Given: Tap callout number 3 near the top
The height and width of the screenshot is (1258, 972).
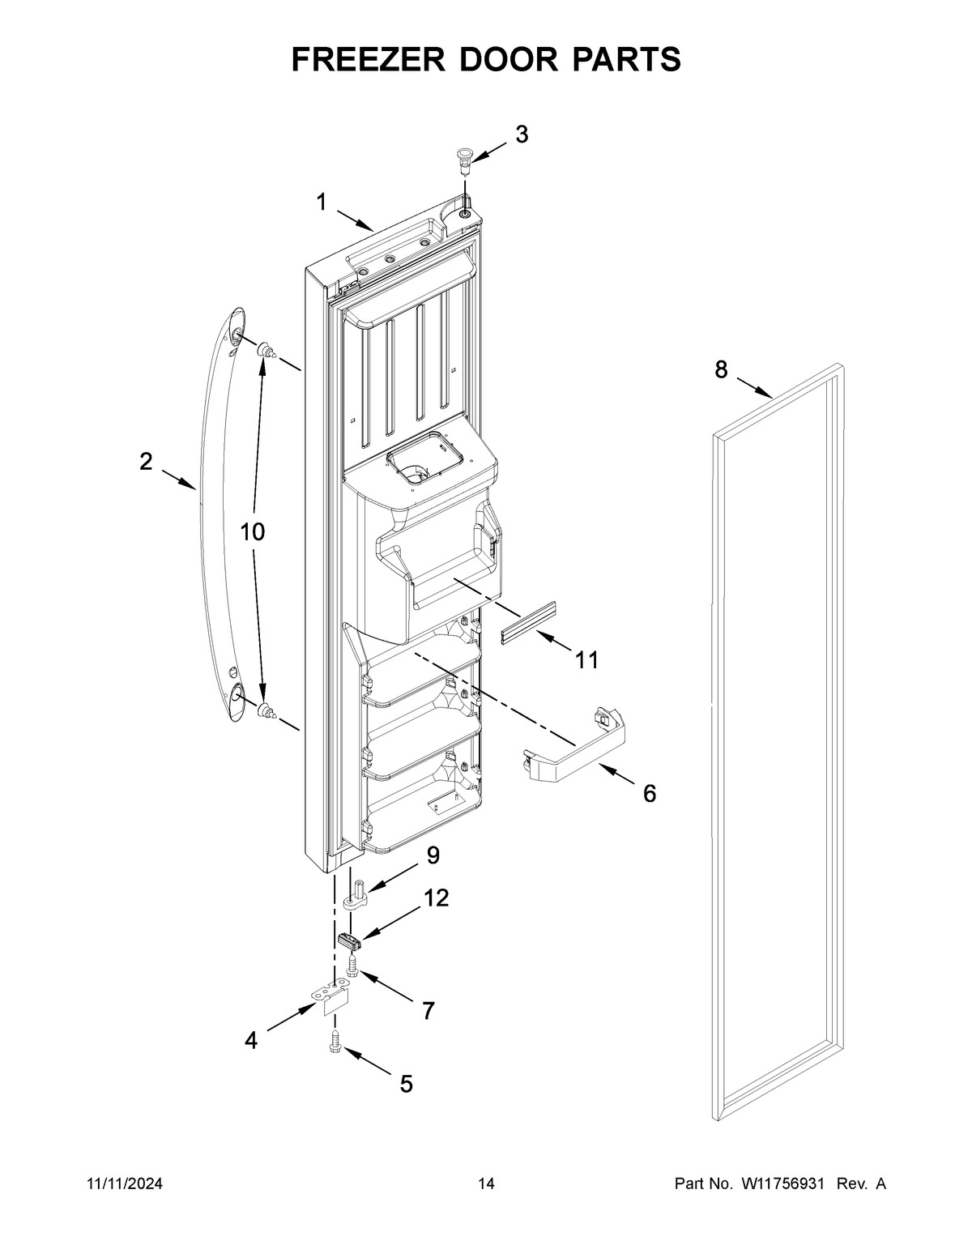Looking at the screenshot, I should tap(522, 134).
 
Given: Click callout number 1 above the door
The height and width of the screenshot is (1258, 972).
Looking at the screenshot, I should tap(322, 202).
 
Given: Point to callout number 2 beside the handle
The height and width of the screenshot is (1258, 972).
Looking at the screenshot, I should tap(146, 462).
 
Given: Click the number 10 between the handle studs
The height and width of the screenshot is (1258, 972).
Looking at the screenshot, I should tap(252, 532).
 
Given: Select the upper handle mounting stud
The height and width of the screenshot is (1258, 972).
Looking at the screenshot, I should tap(266, 352).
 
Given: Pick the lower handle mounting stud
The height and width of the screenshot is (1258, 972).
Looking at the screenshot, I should tap(266, 713).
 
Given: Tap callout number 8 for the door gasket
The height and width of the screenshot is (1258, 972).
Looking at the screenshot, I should tap(721, 370).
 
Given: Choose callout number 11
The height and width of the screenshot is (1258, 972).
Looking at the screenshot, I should tap(587, 660).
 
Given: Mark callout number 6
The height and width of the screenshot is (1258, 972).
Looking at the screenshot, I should tap(649, 794).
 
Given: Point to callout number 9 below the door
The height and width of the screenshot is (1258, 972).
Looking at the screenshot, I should tap(433, 855).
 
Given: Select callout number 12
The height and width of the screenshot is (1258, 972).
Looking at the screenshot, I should tap(436, 898).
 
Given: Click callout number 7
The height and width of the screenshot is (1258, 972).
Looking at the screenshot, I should tap(428, 1010).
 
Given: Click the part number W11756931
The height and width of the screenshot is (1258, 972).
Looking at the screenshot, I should tap(782, 1184).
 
